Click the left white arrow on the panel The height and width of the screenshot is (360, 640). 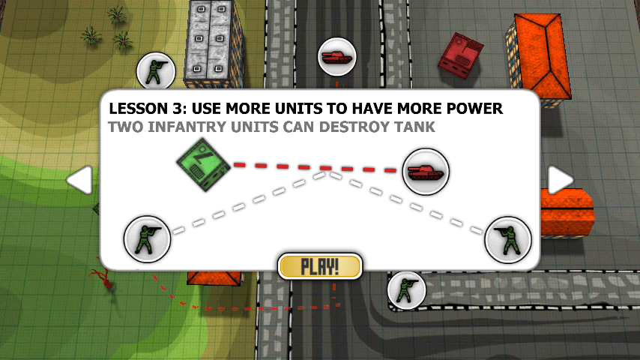click(x=80, y=180)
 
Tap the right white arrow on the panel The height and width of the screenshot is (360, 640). click(x=560, y=180)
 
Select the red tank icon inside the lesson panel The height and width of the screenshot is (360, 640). click(x=425, y=170)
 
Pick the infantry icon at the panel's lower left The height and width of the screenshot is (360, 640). click(x=147, y=238)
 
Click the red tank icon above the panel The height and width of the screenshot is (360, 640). click(x=336, y=57)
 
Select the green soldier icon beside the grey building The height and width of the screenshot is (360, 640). click(x=158, y=73)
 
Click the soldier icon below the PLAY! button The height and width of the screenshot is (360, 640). click(x=406, y=289)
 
